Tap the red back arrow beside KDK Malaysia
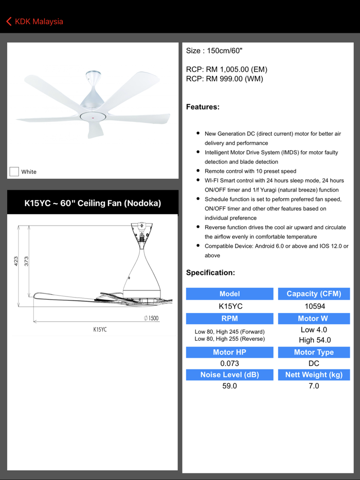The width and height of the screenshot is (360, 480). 9,22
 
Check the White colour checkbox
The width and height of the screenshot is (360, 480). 14,172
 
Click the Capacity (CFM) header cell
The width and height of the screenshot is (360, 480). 314,294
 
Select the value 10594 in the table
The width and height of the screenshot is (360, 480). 314,306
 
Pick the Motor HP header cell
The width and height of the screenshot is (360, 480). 229,353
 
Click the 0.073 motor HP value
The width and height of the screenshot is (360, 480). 229,363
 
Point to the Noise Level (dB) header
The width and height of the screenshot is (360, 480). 229,375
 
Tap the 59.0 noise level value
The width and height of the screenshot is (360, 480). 229,386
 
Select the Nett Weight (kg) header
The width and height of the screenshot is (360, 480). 314,375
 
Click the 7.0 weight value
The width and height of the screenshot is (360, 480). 314,386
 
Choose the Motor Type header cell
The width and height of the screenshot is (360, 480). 314,353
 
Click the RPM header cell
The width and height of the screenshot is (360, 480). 229,319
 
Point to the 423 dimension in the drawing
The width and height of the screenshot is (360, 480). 16,261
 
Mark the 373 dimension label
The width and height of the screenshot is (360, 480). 26,261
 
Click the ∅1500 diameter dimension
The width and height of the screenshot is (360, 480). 151,319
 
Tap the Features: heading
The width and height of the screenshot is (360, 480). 203,107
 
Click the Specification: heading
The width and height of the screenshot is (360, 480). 210,273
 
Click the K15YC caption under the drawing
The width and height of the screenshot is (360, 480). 100,329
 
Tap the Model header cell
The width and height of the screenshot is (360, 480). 229,294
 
